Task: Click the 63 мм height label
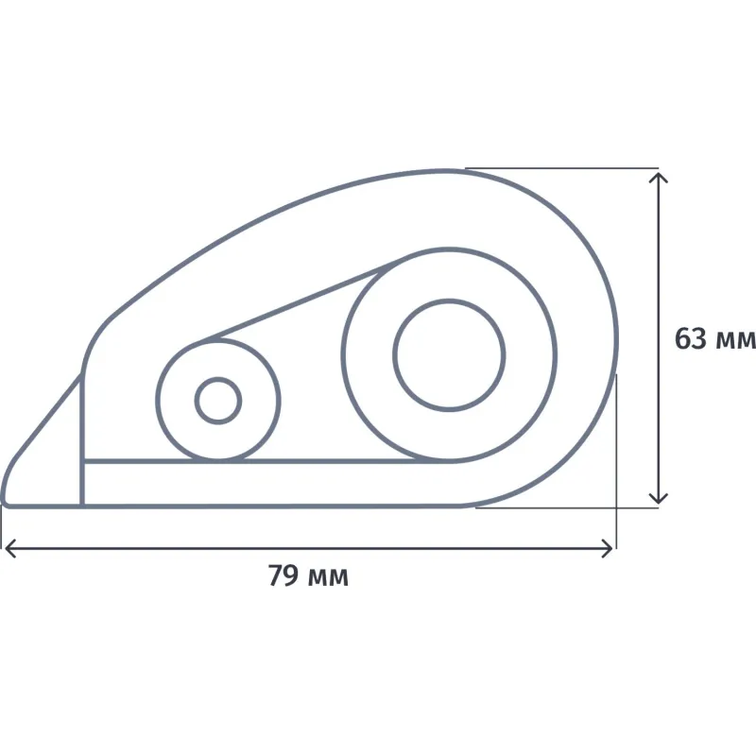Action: click(715, 338)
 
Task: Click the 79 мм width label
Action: click(308, 575)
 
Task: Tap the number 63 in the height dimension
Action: click(690, 338)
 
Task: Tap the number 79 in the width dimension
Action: click(283, 575)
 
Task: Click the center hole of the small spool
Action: click(218, 401)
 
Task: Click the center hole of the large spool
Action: click(449, 355)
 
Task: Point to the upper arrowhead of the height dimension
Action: click(658, 178)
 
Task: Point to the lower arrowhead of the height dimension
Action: click(658, 498)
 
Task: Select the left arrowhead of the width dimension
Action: click(9, 548)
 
